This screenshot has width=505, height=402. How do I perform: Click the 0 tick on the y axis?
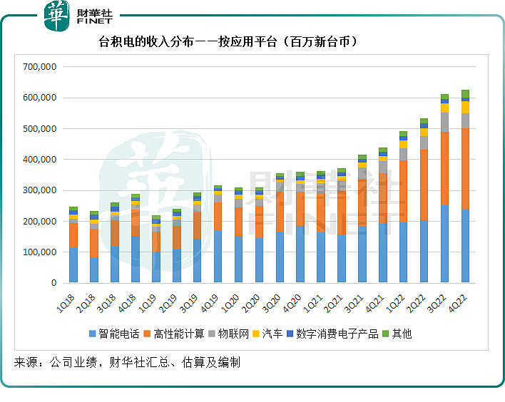click(x=53, y=284)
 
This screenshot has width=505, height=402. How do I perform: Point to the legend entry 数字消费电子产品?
click(x=332, y=334)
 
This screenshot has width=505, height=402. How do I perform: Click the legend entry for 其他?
click(x=397, y=334)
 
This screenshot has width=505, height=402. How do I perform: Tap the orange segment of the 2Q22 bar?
click(x=424, y=185)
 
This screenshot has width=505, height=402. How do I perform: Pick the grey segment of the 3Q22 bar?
click(x=444, y=122)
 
